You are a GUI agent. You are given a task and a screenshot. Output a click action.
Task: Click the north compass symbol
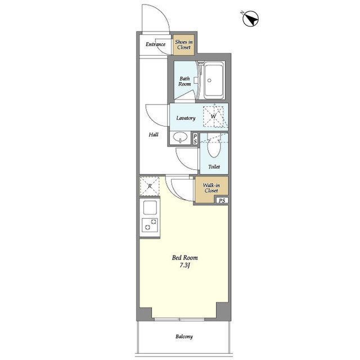click(251, 19)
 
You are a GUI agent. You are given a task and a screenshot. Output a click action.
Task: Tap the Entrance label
click(155, 44)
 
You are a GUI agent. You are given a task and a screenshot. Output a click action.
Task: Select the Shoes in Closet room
click(184, 45)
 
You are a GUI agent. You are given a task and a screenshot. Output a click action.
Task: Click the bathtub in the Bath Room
click(214, 80)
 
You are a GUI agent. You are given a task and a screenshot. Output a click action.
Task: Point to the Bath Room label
click(184, 81)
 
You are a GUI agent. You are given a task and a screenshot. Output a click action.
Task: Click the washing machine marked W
click(214, 116)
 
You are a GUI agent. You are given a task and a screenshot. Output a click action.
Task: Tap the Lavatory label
click(186, 118)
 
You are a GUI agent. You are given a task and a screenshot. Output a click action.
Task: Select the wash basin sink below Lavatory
click(180, 137)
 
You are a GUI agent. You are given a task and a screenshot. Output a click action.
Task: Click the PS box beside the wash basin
click(195, 139)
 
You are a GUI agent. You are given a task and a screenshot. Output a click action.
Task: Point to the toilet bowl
click(214, 147)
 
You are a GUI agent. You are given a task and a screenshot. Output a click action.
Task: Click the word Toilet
click(214, 166)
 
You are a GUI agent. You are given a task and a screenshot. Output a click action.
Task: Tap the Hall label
click(154, 134)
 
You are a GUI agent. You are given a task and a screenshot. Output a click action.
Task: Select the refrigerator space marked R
click(150, 186)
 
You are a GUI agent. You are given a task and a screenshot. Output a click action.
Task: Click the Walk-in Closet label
click(211, 188)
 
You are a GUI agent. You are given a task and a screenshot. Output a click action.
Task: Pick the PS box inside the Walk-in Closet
click(222, 200)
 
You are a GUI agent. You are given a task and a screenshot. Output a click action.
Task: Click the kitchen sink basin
click(150, 208)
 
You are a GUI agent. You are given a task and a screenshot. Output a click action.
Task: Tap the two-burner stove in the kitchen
click(150, 224)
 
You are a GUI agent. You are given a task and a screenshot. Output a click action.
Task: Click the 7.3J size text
click(185, 265)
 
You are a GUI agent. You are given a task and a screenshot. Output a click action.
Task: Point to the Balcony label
click(184, 336)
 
